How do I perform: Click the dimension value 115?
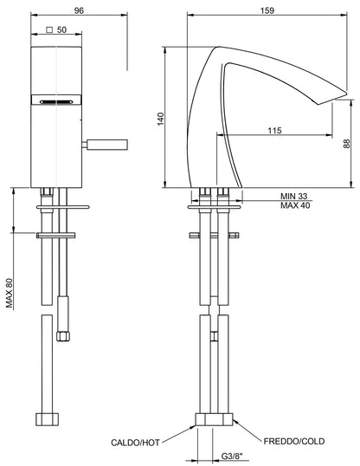pos(275,131)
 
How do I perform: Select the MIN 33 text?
pos(296,196)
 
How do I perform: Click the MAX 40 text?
pos(297,206)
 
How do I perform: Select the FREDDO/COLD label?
pos(293,442)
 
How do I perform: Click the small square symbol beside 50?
pos(50,29)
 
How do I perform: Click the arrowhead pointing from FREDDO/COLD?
pos(235,424)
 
